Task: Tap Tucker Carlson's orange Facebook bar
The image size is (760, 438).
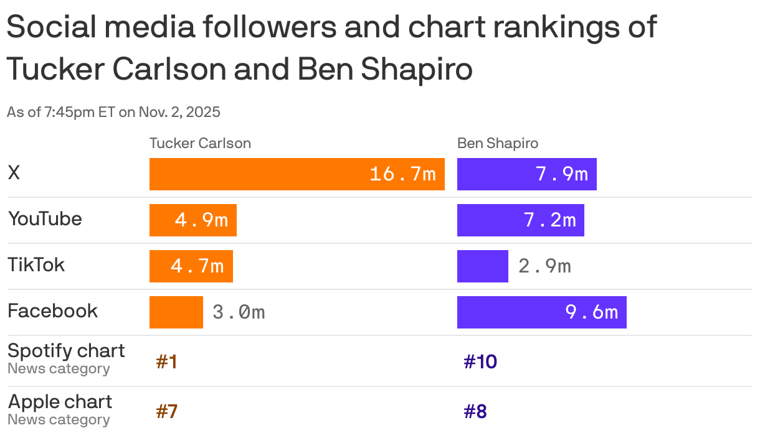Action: click(x=176, y=312)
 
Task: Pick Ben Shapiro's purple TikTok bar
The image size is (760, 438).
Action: click(x=482, y=266)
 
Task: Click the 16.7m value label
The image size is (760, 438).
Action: click(x=402, y=174)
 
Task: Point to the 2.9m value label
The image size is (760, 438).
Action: click(x=544, y=266)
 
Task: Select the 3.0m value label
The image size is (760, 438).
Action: click(x=239, y=312)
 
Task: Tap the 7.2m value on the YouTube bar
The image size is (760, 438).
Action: click(x=549, y=220)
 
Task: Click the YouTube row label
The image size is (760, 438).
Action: click(x=45, y=219)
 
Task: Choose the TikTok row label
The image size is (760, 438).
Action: click(x=36, y=265)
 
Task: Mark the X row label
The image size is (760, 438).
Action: click(x=14, y=173)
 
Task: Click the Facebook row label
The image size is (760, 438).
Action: click(x=52, y=311)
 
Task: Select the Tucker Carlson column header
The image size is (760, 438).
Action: click(x=200, y=143)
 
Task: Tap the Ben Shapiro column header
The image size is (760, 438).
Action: click(x=498, y=143)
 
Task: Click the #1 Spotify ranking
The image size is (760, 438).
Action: click(x=166, y=362)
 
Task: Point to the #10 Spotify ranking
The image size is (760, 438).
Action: click(x=480, y=362)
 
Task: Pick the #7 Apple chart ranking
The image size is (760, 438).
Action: click(x=166, y=412)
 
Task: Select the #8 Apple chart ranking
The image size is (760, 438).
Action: click(x=475, y=412)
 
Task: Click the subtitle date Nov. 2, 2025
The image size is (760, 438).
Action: click(x=178, y=113)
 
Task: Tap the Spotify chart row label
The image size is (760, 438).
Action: click(x=66, y=351)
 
